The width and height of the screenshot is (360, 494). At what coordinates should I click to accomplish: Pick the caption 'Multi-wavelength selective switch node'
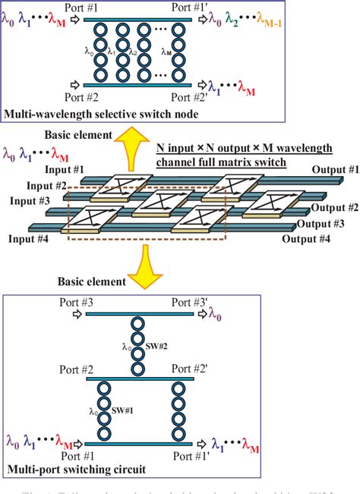(100, 115)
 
